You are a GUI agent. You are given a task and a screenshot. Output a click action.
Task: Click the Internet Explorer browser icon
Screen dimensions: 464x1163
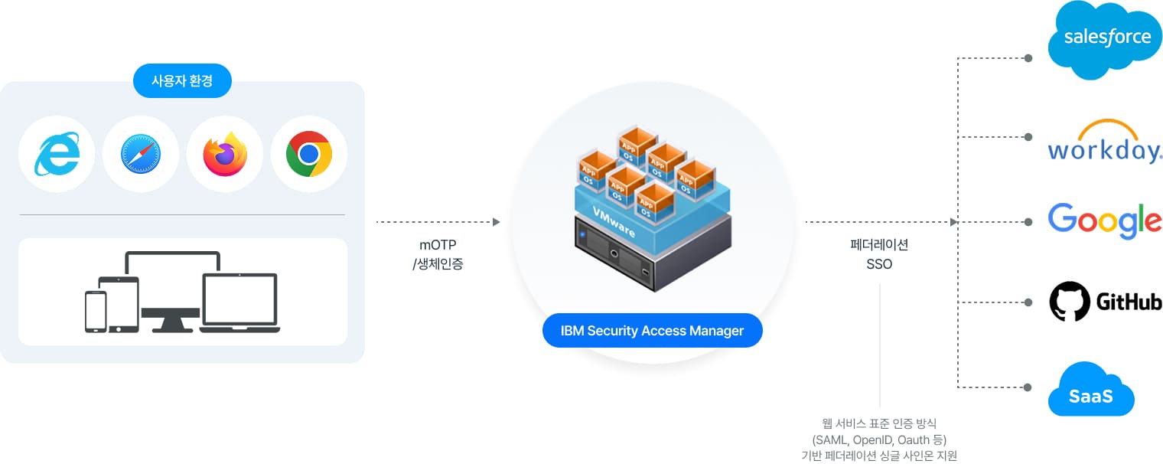pos(57,154)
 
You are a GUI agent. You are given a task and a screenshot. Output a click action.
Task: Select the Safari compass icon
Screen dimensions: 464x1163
pos(141,154)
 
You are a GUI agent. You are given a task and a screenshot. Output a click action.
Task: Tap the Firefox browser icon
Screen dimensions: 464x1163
pos(225,154)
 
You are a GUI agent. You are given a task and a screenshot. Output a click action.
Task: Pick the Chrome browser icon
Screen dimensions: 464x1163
pos(309,154)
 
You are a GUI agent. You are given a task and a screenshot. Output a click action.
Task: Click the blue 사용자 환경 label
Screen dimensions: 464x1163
pos(182,80)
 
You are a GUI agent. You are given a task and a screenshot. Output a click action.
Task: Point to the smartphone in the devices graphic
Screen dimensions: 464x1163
pos(96,312)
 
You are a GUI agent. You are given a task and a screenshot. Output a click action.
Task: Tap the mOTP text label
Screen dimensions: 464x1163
pos(438,246)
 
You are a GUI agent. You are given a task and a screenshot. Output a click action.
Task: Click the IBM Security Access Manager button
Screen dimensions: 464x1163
pos(652,331)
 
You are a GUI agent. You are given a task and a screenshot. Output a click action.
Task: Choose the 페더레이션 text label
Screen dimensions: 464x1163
pos(879,246)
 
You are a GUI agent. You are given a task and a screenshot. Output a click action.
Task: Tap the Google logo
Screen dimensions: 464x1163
pos(1104,221)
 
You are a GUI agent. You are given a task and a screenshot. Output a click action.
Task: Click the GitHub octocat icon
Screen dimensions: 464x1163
pos(1069,302)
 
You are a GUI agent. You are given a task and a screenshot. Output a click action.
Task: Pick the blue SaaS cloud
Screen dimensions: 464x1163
pos(1090,392)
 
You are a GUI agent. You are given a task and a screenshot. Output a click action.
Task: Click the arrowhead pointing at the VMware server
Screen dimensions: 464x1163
pos(496,222)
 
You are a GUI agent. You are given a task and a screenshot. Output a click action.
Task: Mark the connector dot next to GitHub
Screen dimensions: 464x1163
pos(1028,302)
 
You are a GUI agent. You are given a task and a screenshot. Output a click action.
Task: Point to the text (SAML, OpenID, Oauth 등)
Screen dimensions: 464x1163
pos(879,439)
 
